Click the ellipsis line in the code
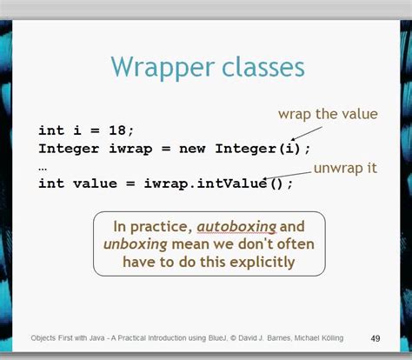pyautogui.click(x=43, y=165)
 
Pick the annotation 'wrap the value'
pyautogui.click(x=328, y=115)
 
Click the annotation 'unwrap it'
pyautogui.click(x=345, y=168)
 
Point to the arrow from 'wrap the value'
pyautogui.click(x=306, y=132)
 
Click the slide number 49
pyautogui.click(x=375, y=338)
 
